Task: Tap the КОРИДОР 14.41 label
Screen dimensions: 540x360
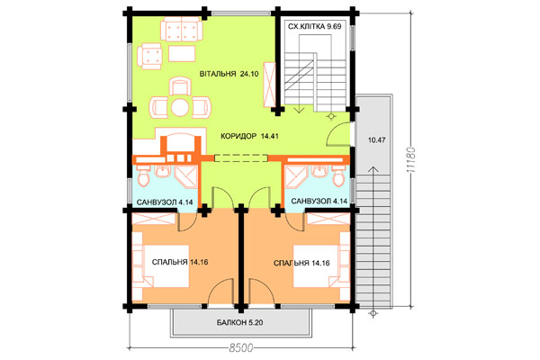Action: (x=249, y=136)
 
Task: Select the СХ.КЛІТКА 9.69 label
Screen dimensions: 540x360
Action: (x=314, y=26)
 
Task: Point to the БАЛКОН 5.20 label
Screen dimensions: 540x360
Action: (x=240, y=323)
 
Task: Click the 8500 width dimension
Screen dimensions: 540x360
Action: (x=240, y=348)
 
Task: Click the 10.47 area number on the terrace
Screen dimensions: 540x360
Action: (x=376, y=140)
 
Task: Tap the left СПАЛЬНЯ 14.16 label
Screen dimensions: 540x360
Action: (x=180, y=262)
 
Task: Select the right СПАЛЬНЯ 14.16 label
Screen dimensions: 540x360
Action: (x=301, y=263)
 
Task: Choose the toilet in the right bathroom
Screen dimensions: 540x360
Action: (x=338, y=176)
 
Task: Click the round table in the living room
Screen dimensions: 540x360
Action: (x=179, y=108)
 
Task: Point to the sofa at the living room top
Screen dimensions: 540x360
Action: (x=182, y=30)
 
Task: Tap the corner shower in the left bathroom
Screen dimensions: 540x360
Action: (x=187, y=176)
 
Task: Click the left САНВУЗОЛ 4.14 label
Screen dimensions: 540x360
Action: (x=165, y=202)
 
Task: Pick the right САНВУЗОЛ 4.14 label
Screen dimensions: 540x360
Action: (x=319, y=202)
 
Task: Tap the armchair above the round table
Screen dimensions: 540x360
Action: (x=180, y=86)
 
